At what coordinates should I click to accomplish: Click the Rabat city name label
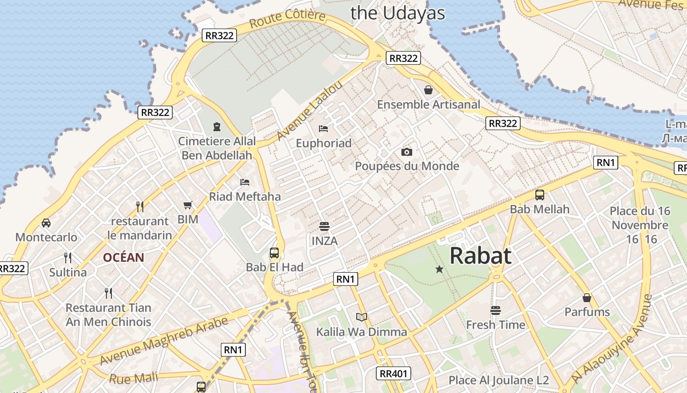(480, 255)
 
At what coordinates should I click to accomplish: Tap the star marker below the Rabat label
(439, 269)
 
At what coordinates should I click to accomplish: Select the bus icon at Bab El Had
(274, 253)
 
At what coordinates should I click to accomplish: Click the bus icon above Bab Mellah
(540, 195)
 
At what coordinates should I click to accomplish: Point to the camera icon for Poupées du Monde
(407, 152)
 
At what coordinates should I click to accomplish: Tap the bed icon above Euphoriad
(323, 129)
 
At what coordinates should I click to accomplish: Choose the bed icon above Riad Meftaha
(245, 182)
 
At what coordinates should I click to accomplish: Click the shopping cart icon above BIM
(188, 205)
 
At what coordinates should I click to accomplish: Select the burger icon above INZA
(324, 226)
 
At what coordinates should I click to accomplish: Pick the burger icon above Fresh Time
(496, 310)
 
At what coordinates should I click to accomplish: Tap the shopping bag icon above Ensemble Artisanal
(428, 90)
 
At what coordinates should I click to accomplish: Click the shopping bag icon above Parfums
(587, 298)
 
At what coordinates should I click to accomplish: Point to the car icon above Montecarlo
(46, 223)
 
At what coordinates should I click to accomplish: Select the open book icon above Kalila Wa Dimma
(362, 317)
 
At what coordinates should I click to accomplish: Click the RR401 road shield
(394, 373)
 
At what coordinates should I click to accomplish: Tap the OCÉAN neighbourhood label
(124, 257)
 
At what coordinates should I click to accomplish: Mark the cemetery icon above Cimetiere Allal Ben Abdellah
(217, 127)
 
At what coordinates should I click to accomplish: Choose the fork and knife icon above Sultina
(68, 257)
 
